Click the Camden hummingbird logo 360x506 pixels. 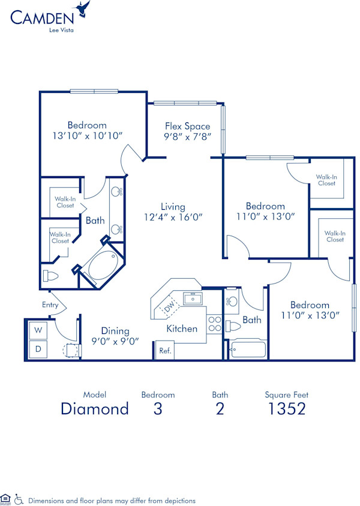(82, 10)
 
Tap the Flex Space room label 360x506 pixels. (188, 126)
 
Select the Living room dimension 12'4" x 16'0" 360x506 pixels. (173, 218)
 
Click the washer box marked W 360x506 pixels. (38, 330)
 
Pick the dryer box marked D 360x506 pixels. (38, 348)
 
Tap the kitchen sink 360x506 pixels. (192, 298)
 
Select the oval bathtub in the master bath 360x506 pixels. (100, 266)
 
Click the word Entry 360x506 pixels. (50, 305)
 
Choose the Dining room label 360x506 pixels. (115, 330)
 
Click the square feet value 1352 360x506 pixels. (286, 409)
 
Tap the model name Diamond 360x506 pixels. (95, 409)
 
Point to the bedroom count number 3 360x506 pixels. (158, 409)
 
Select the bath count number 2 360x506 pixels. (220, 409)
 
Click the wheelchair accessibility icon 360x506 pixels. (18, 499)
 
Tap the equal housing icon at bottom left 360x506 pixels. (5, 499)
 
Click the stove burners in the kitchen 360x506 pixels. (214, 324)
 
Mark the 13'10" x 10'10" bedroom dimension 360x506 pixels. (87, 136)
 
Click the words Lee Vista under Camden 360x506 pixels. (62, 28)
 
